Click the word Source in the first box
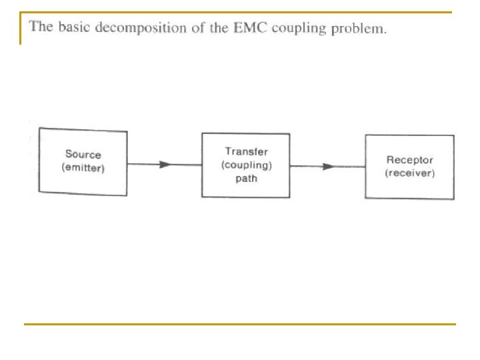(83, 154)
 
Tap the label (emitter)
(83, 168)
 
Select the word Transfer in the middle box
(247, 151)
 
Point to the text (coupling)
(247, 165)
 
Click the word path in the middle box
(247, 178)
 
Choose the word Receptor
(409, 160)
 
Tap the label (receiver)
(409, 173)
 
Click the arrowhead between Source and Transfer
(165, 165)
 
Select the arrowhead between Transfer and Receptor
(328, 167)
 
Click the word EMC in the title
(250, 27)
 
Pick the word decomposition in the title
(141, 28)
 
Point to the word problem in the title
(359, 29)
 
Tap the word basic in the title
(75, 27)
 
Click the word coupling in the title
(299, 29)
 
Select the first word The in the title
(41, 26)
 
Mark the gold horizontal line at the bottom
(240, 324)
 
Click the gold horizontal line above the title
(236, 12)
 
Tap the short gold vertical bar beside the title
(21, 28)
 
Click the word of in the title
(198, 28)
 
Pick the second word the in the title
(219, 27)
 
